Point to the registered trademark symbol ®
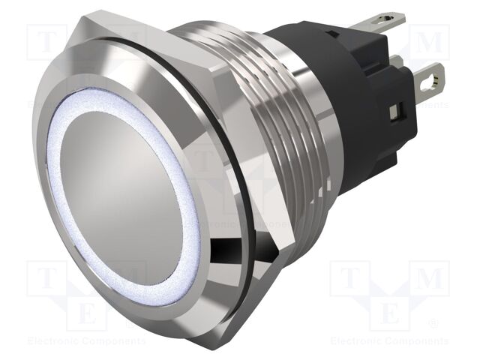click(433, 324)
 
